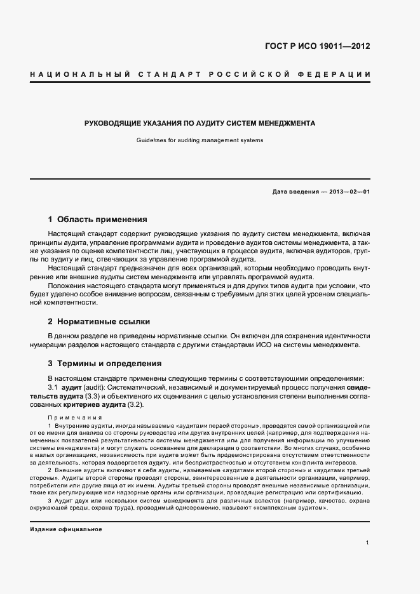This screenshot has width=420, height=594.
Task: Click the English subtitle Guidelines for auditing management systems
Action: point(200,140)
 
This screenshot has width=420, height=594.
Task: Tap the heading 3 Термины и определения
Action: point(100,364)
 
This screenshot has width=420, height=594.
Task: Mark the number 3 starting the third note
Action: point(50,501)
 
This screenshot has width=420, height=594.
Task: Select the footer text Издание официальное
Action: point(65,529)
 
